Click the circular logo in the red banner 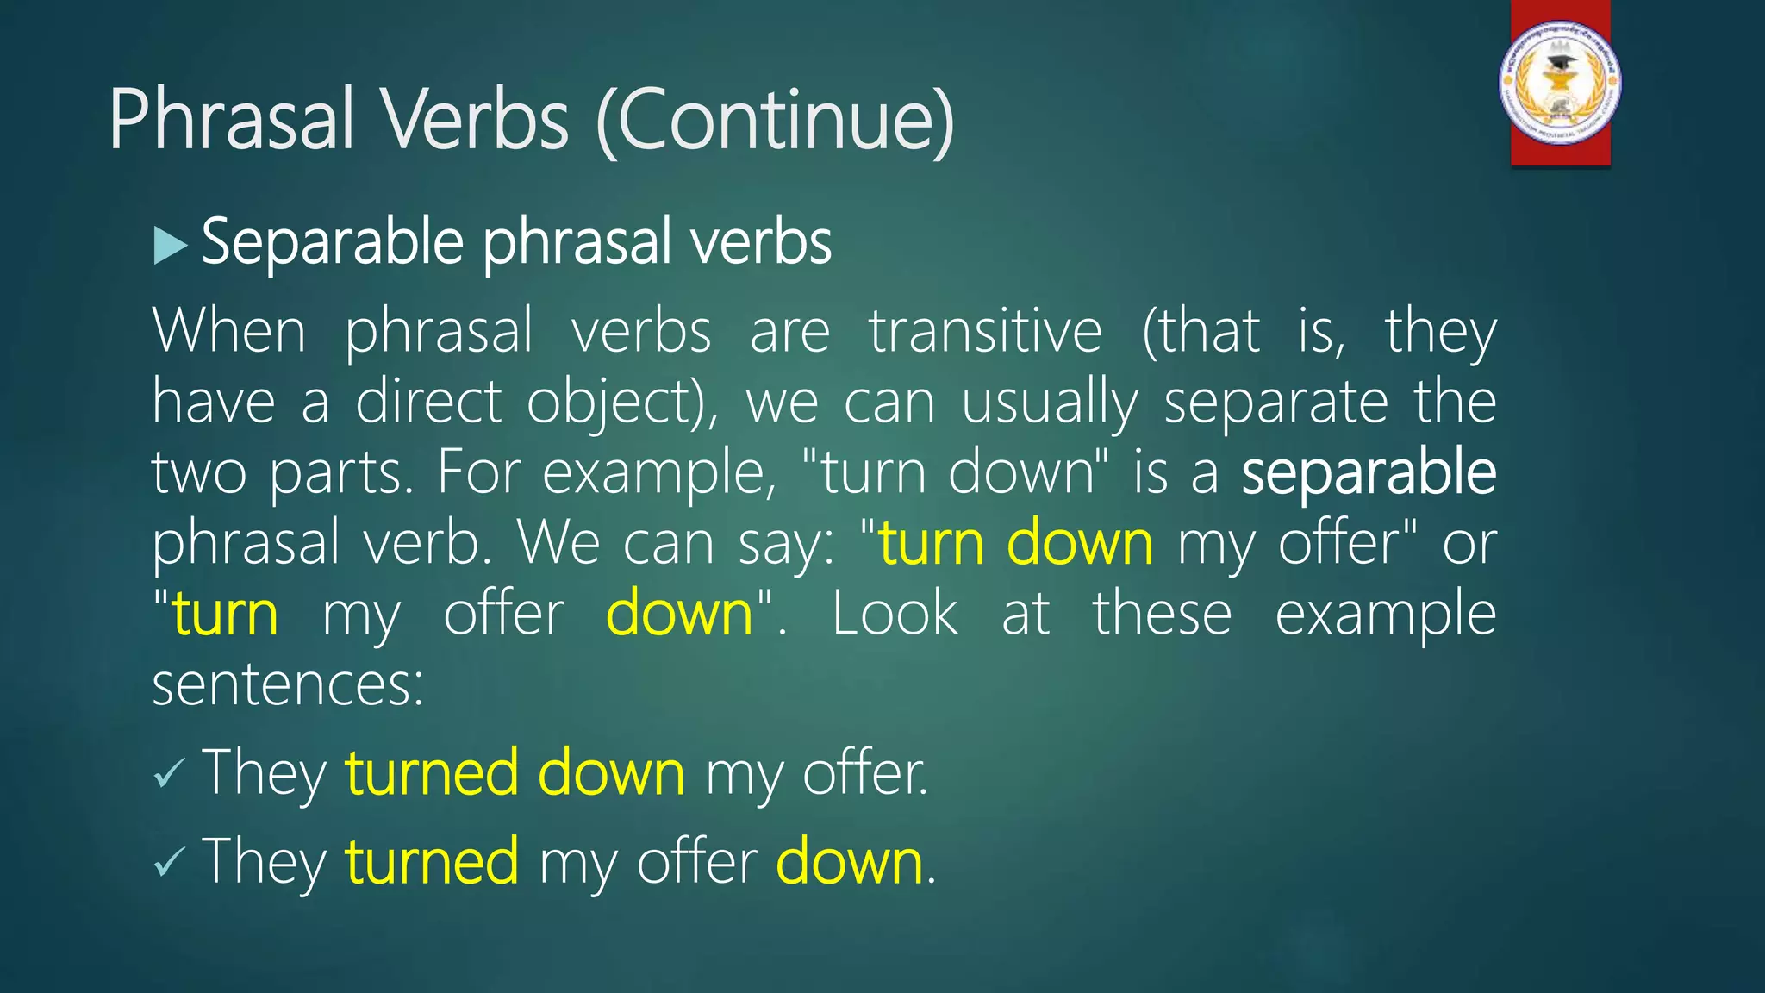coord(1560,83)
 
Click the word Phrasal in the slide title coord(231,121)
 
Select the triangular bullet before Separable coord(170,246)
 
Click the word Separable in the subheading coord(333,243)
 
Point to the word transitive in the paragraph coord(985,332)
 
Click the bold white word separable coord(1368,472)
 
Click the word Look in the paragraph coord(895,614)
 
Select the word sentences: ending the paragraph coord(288,684)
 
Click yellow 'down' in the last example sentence coord(850,861)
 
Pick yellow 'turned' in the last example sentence coord(432,861)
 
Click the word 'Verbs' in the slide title coord(475,121)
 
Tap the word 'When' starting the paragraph coord(229,332)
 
